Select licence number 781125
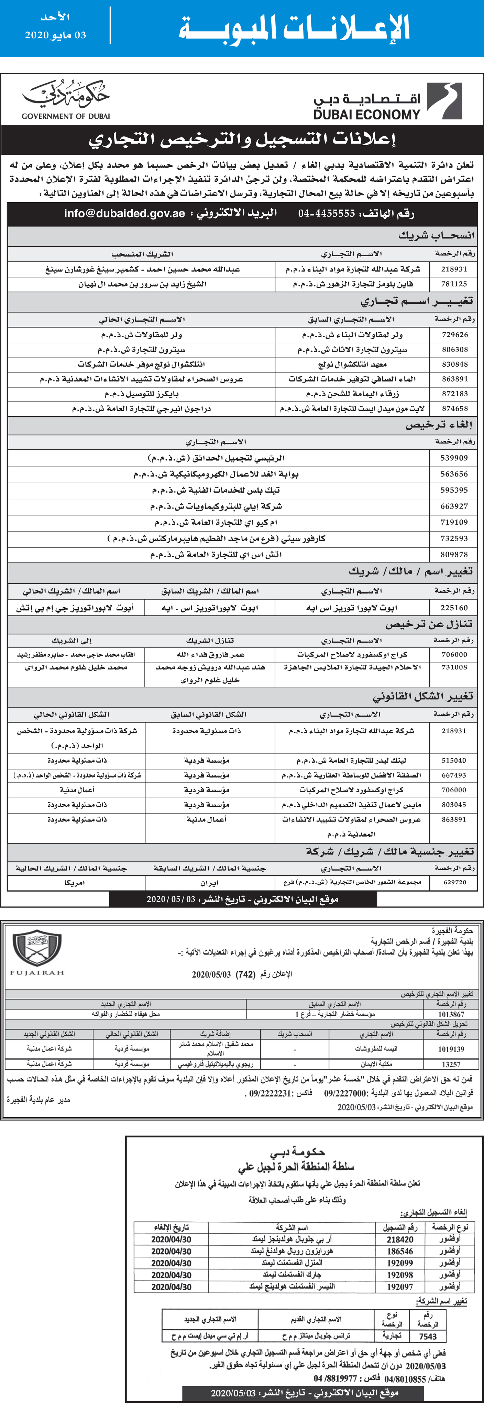point(454,284)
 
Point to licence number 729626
point(454,334)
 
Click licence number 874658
point(454,408)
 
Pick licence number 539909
point(454,458)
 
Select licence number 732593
point(454,538)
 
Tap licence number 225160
point(454,607)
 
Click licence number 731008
point(454,667)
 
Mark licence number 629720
point(454,882)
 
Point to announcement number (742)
point(244,974)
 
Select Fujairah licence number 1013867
point(451,1014)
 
